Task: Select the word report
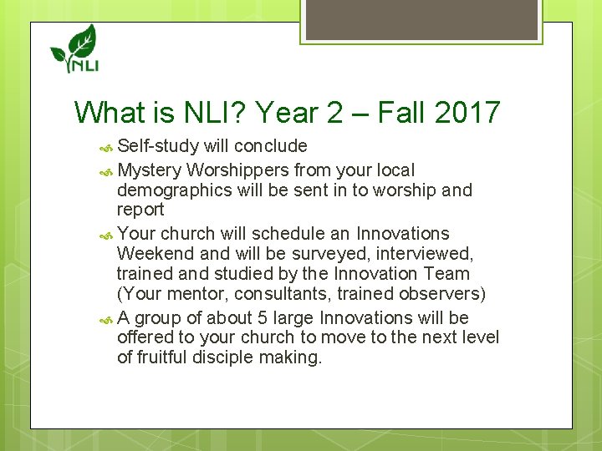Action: (140, 210)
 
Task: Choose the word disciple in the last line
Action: (234, 357)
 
